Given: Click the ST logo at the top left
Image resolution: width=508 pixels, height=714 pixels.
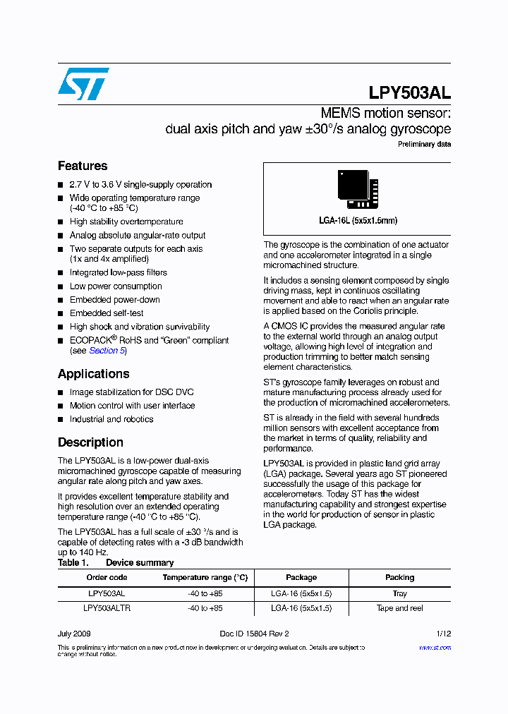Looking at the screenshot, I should coord(83,84).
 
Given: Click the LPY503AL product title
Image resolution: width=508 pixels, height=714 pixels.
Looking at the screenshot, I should coord(409,93).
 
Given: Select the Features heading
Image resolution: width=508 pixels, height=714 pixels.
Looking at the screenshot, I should coord(83,166).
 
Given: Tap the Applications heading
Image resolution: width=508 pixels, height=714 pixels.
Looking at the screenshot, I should coord(93,374).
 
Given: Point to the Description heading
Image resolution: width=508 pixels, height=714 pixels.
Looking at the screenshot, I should coord(90,442).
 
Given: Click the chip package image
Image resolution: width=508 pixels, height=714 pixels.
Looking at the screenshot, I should coord(358,190).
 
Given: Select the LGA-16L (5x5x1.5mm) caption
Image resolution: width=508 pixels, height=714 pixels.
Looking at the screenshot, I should coord(358,221).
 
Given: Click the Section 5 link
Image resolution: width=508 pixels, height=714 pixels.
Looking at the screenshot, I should coord(107,351).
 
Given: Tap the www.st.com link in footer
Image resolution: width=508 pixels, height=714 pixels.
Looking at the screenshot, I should coord(435,647).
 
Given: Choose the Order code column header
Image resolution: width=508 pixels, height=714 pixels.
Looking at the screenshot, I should coord(107,577).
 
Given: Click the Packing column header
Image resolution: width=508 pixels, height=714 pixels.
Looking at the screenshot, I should coord(399,577).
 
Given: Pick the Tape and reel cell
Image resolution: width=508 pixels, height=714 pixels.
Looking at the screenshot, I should coord(399,608).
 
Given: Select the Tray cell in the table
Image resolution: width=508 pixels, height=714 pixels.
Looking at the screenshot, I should coord(399,594).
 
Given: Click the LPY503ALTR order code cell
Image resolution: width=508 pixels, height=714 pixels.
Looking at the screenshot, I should coord(107,608).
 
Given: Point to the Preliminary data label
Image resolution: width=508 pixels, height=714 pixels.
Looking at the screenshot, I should coord(424,145).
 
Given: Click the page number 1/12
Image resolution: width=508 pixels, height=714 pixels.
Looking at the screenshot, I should coord(443,634).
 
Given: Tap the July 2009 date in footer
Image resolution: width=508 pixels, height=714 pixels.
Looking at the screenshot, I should coord(74,634).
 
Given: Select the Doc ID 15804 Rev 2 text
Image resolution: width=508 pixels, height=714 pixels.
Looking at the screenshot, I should coord(254,634).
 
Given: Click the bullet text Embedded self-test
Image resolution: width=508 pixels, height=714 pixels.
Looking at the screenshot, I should coord(107,313).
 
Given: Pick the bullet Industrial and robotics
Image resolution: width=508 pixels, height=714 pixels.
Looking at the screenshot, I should coord(111,419).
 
